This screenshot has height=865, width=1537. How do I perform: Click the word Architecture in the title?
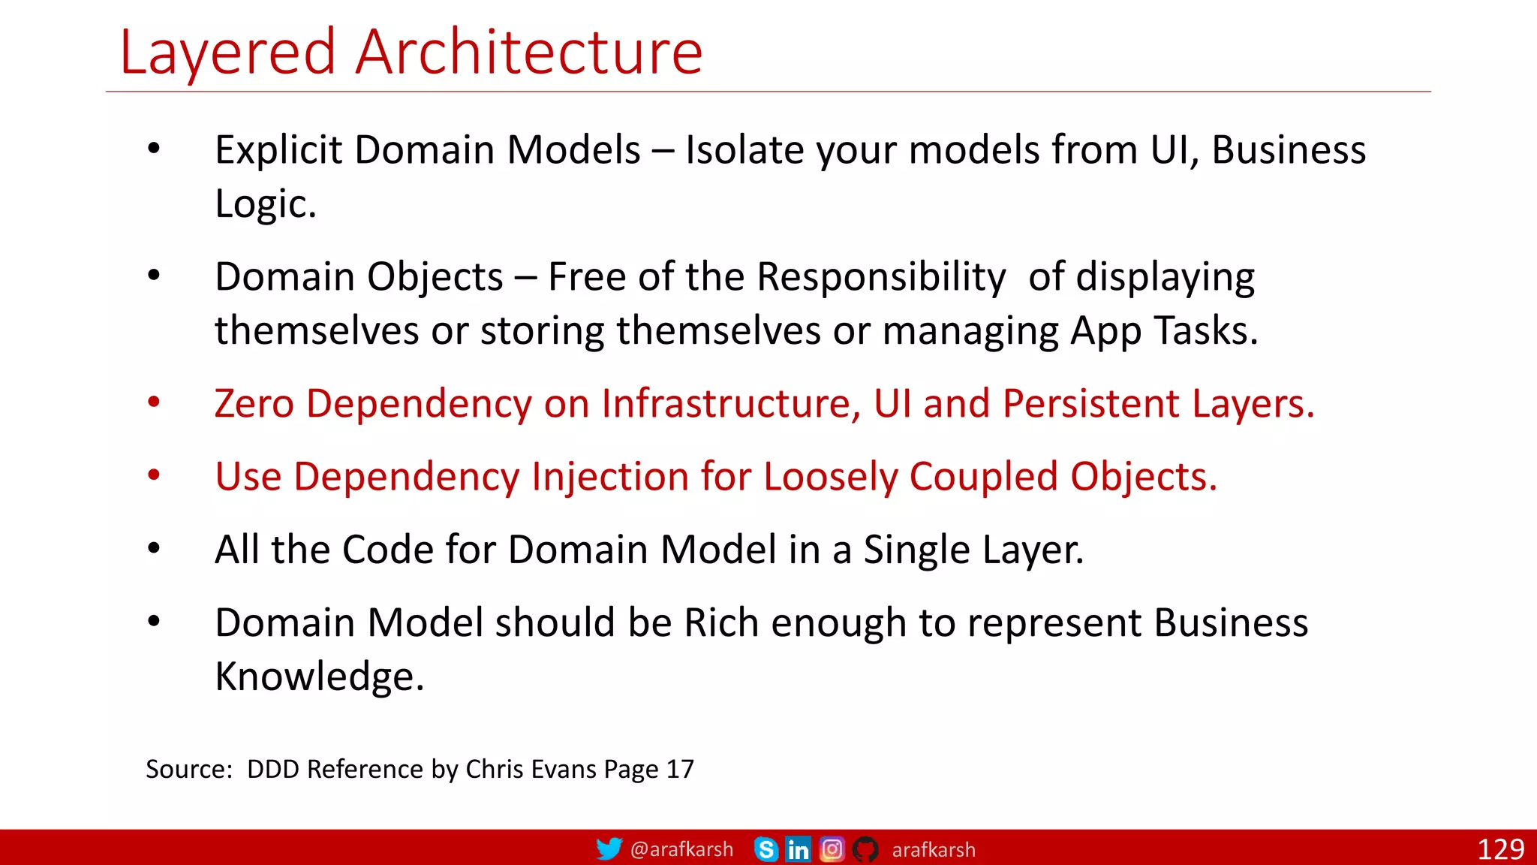click(529, 53)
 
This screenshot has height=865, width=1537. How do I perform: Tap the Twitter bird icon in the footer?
click(609, 849)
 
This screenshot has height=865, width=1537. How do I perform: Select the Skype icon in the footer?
click(766, 849)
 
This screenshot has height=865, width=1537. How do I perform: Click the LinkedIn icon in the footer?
click(799, 849)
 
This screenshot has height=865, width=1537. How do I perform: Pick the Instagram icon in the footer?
click(832, 849)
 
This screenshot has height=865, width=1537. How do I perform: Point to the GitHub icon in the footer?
click(865, 849)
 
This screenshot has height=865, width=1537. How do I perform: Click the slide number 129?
click(1500, 849)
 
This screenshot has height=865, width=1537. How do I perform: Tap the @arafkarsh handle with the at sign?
click(681, 849)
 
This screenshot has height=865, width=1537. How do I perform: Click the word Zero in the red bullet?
click(254, 403)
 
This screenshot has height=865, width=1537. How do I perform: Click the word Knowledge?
click(318, 677)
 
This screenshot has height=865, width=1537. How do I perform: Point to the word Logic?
click(265, 204)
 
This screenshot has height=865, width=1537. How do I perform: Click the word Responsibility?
click(880, 277)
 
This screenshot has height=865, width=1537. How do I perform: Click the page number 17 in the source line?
click(680, 769)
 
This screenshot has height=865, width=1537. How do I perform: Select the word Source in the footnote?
click(188, 769)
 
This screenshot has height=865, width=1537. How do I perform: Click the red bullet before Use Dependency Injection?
click(154, 475)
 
